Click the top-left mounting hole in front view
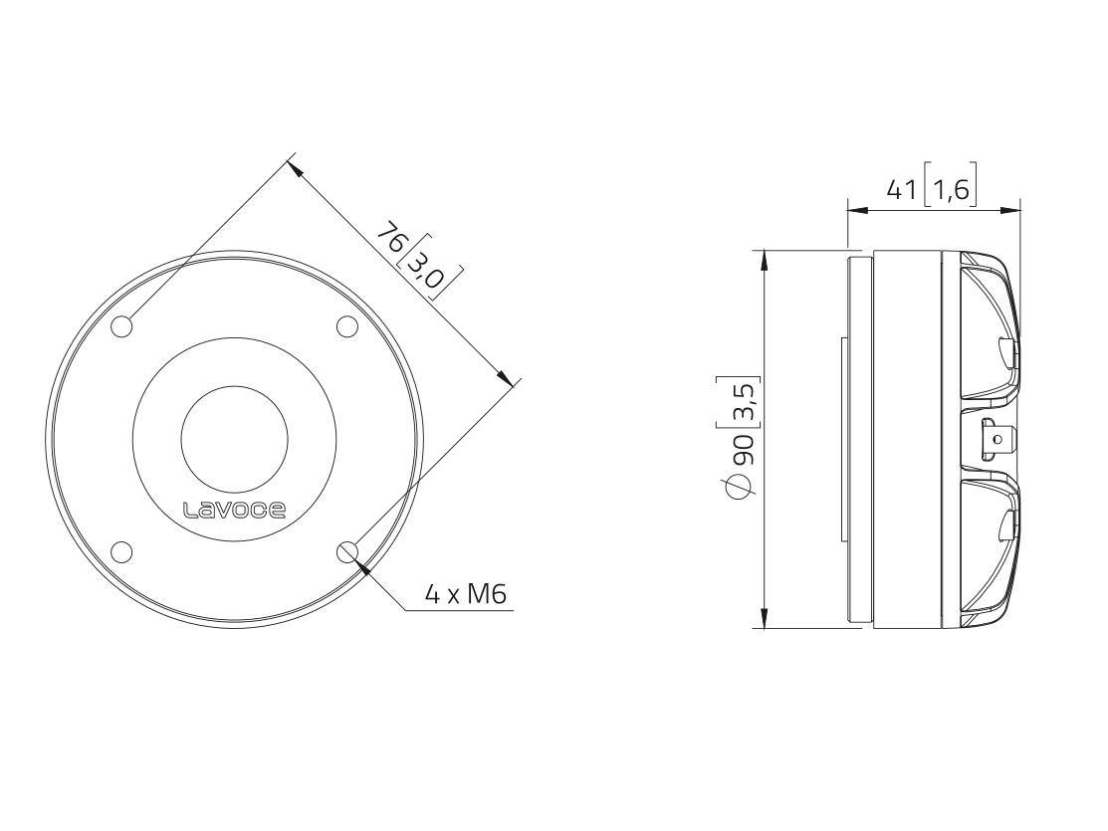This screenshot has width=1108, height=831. pos(122,326)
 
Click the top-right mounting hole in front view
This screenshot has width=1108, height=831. pos(346,326)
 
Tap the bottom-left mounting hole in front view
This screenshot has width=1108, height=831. pos(122,551)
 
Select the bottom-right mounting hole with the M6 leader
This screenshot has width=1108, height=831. pos(347,551)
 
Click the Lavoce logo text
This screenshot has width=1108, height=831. pos(235,511)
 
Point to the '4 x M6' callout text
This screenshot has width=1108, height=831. pos(466,594)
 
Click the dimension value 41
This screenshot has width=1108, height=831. pos(901,189)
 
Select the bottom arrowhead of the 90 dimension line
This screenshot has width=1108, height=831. pos(764,618)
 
